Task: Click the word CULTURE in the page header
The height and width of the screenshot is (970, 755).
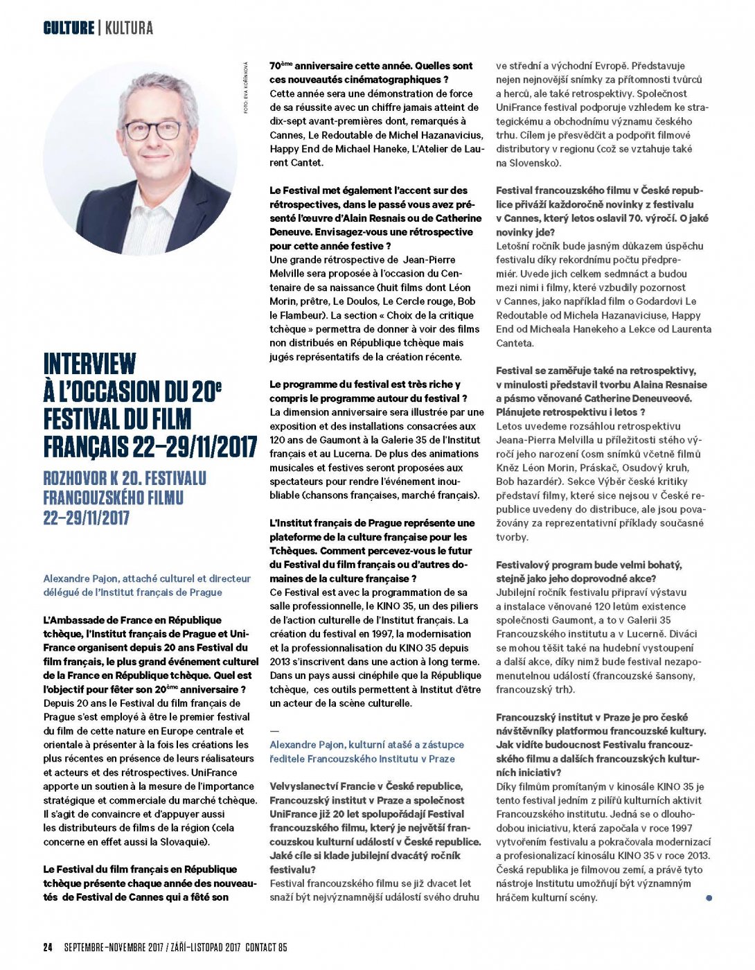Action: tap(69, 28)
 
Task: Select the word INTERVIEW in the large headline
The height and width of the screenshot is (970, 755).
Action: tap(89, 364)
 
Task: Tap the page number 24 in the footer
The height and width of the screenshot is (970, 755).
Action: tap(48, 947)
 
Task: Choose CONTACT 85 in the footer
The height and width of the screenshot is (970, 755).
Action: tap(266, 947)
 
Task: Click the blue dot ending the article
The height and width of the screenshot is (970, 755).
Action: tap(709, 898)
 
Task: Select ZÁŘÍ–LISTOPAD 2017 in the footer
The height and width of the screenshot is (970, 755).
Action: tap(204, 947)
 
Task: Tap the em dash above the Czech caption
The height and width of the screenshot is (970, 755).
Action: tap(274, 730)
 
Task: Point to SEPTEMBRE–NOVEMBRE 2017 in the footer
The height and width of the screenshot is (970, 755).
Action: tap(114, 947)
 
